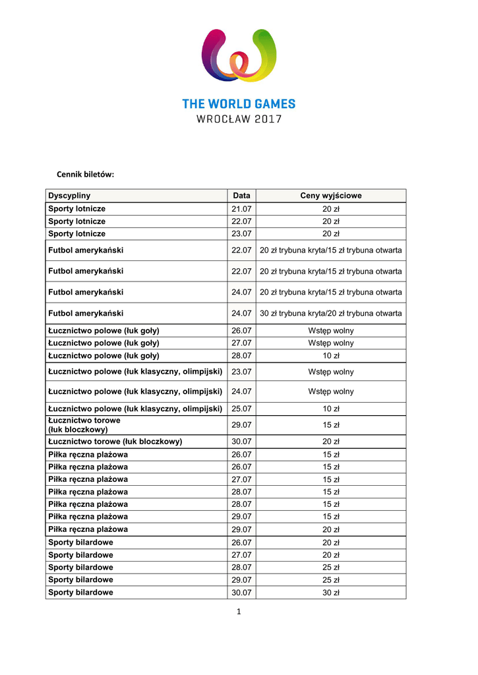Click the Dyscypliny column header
point(69,196)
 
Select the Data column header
point(241,196)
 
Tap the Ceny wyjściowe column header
point(331,196)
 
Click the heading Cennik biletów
point(84,175)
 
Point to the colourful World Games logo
point(239,57)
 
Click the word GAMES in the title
point(271,104)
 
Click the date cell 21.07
point(241,209)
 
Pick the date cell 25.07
point(241,409)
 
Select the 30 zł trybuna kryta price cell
point(331,314)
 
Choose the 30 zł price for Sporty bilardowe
point(331,593)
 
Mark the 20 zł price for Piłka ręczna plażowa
point(331,529)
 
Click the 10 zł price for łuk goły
point(331,356)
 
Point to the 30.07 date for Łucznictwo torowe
point(241,442)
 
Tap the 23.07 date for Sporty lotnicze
point(241,234)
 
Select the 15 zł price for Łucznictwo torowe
point(331,425)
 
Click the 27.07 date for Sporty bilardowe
point(241,555)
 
